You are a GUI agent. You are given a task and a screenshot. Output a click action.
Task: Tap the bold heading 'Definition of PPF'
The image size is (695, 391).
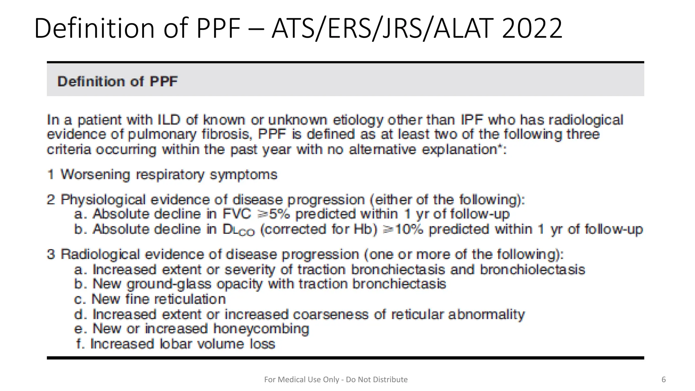tap(117, 81)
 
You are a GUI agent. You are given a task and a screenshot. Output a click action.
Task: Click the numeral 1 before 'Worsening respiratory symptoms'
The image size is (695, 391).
tap(51, 175)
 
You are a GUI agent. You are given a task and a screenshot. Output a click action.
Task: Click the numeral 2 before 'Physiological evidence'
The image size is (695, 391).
tap(51, 200)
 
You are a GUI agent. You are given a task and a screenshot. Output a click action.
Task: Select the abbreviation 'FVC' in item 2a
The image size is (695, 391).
tap(237, 214)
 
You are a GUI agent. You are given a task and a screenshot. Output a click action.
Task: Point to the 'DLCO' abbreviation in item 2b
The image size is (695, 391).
tap(238, 230)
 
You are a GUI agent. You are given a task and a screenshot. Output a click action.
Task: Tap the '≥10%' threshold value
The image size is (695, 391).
tap(403, 229)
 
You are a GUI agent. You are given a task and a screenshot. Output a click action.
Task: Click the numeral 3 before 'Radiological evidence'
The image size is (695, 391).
tap(51, 254)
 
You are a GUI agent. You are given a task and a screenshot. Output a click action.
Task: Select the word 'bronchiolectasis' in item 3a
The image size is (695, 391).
tap(532, 269)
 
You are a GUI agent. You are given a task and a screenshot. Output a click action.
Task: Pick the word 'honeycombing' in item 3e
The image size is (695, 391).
tap(261, 329)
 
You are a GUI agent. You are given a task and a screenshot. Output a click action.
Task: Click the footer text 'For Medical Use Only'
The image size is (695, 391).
tap(302, 379)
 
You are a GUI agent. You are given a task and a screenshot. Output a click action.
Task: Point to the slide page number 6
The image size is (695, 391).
tap(664, 379)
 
